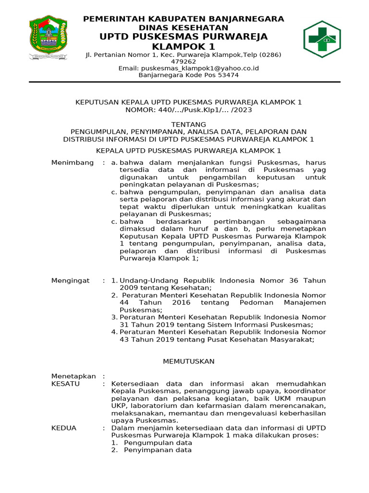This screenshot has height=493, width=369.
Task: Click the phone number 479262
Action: click(x=184, y=62)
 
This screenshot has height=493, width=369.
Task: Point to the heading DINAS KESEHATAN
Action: click(x=184, y=28)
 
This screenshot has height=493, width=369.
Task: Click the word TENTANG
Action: click(x=188, y=124)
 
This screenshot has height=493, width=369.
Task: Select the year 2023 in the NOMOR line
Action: click(x=242, y=110)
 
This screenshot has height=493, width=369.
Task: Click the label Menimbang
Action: click(x=73, y=163)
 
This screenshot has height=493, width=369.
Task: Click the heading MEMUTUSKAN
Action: click(x=189, y=361)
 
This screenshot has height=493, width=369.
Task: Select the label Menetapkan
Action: click(x=74, y=376)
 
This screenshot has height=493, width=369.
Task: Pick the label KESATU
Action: click(x=65, y=384)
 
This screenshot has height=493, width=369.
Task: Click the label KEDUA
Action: click(x=64, y=428)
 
